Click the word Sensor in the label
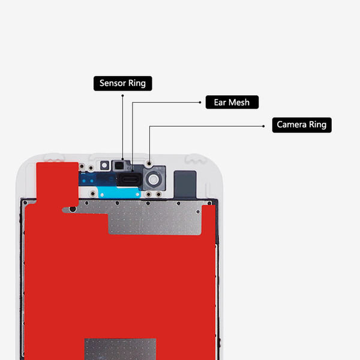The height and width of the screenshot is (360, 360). coord(113,83)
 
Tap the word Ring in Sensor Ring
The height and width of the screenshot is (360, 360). coord(137,83)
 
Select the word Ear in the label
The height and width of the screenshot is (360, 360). coord(220,103)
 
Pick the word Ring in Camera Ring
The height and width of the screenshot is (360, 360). coord(318,125)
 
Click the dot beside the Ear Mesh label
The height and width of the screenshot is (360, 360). coord(200,103)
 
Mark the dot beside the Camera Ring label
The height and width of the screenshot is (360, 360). coord(263,126)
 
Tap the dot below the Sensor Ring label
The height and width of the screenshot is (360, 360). coord(122,95)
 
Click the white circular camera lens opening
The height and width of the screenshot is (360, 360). coord(153,179)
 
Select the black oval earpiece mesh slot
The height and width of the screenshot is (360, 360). coord(129,179)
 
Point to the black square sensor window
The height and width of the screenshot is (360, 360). coord(119,166)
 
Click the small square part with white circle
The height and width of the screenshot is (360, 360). coord(104,166)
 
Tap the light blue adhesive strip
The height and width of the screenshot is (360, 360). coord(119,192)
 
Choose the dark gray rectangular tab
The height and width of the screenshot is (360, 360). coord(185,184)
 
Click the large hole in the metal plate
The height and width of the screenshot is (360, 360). coord(73,209)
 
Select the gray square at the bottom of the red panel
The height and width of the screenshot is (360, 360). coord(121,349)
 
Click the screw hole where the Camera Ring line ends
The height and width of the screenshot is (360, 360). coord(149,164)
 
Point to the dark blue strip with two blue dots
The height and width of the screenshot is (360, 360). coord(97,179)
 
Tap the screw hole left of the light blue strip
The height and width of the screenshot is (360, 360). coord(93,194)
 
